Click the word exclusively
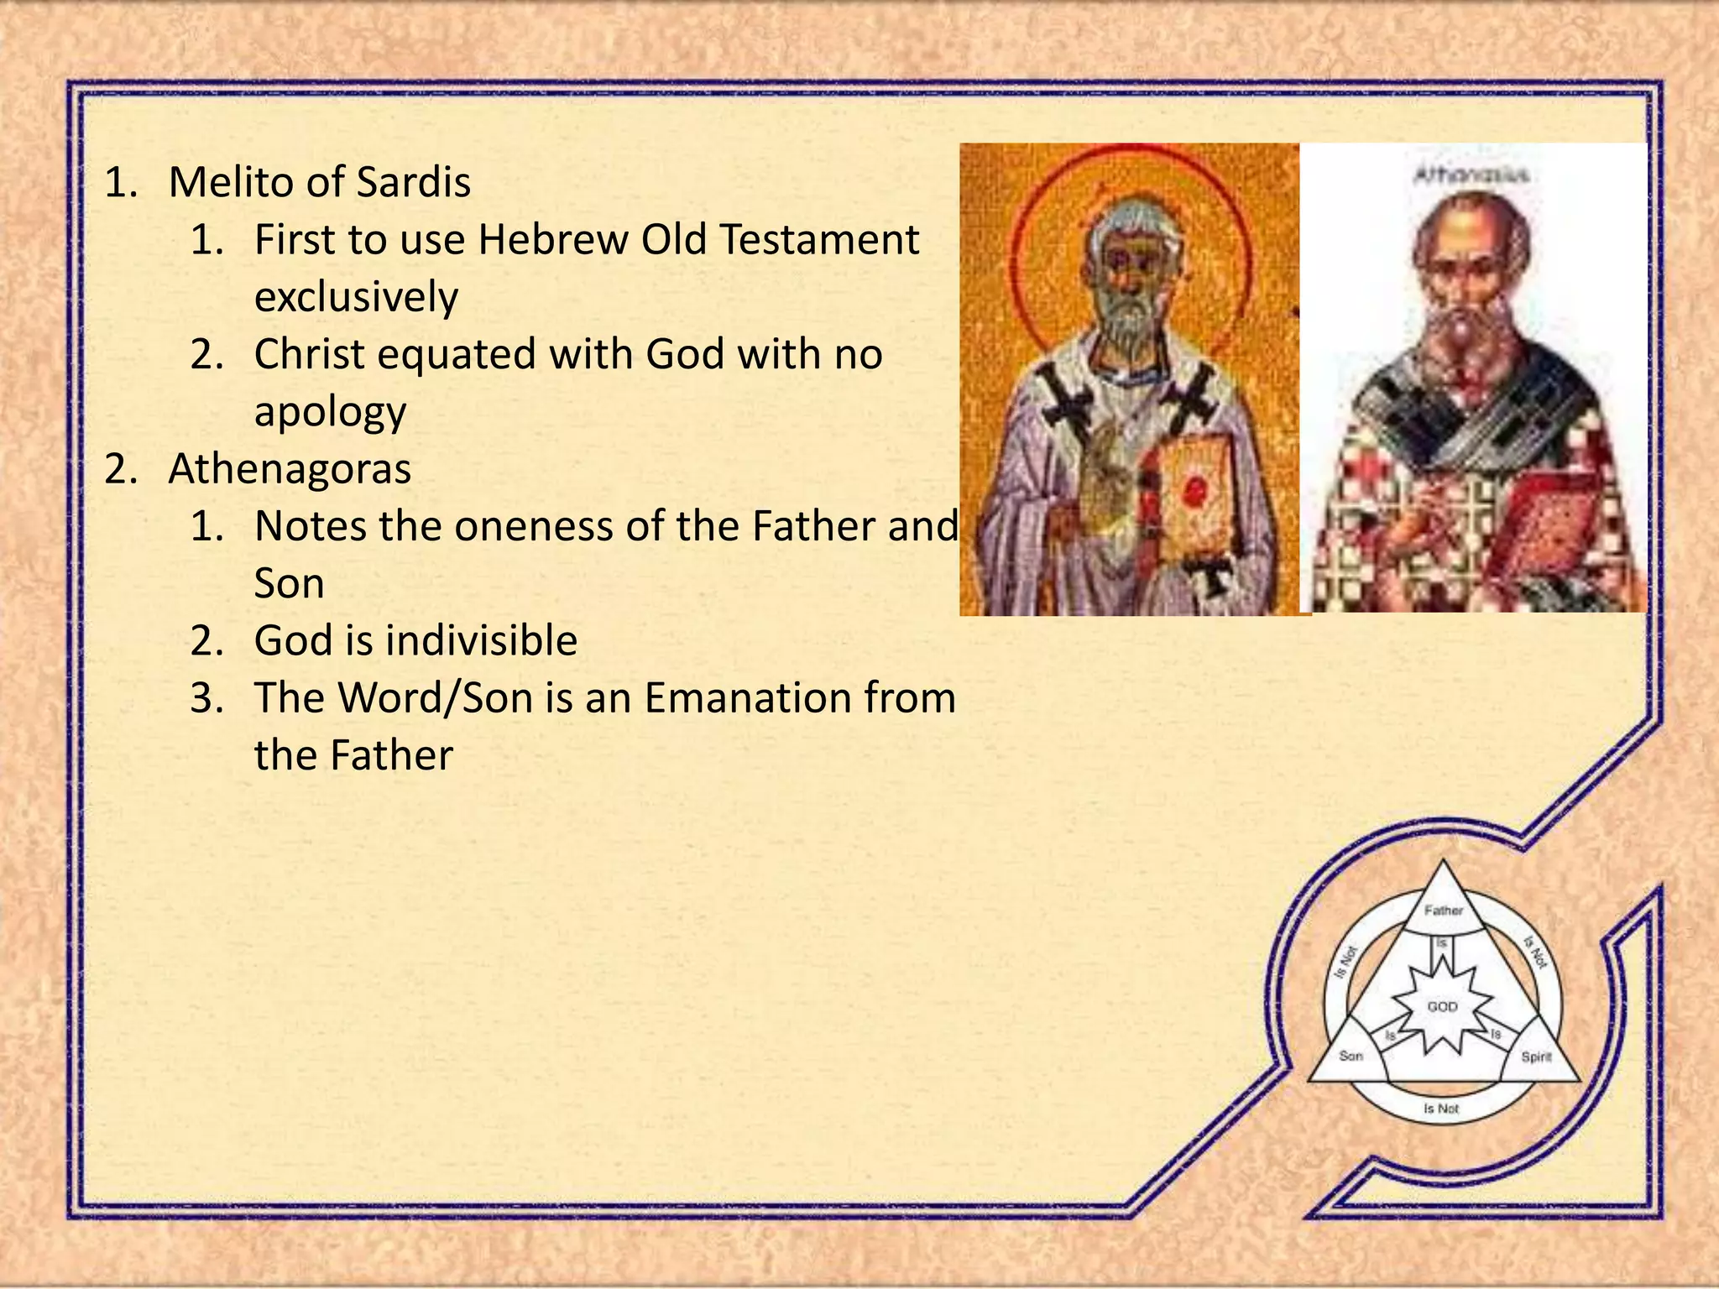tap(356, 297)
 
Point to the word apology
tap(330, 412)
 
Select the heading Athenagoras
tap(290, 468)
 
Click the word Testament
tap(819, 239)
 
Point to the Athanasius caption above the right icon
tap(1471, 175)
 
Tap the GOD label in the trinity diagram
tap(1442, 1006)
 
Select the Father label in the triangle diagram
tap(1444, 910)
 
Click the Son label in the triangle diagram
tap(1351, 1056)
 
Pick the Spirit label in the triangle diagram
tap(1536, 1057)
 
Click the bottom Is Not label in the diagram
tap(1441, 1109)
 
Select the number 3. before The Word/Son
tap(206, 697)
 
